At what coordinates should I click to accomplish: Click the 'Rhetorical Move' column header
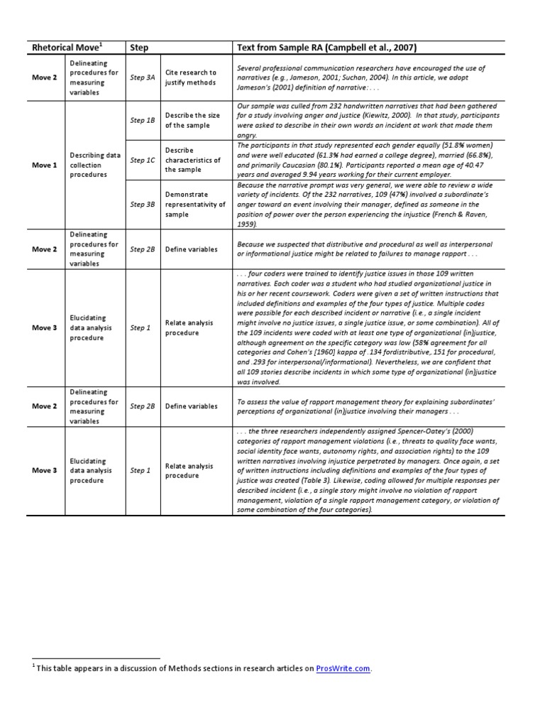67,48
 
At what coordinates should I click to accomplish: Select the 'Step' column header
140,48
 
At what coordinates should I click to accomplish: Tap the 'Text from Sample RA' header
326,48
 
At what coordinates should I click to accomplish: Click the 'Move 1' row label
45,165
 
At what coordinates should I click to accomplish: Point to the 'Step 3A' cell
142,77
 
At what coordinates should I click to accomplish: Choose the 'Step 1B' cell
142,121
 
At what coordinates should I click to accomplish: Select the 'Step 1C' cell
142,161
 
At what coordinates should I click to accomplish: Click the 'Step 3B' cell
142,205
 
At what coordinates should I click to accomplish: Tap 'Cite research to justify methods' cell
191,77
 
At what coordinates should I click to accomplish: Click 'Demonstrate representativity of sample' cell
195,204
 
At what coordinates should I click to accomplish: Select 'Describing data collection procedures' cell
94,165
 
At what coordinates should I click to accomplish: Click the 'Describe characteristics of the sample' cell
192,161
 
